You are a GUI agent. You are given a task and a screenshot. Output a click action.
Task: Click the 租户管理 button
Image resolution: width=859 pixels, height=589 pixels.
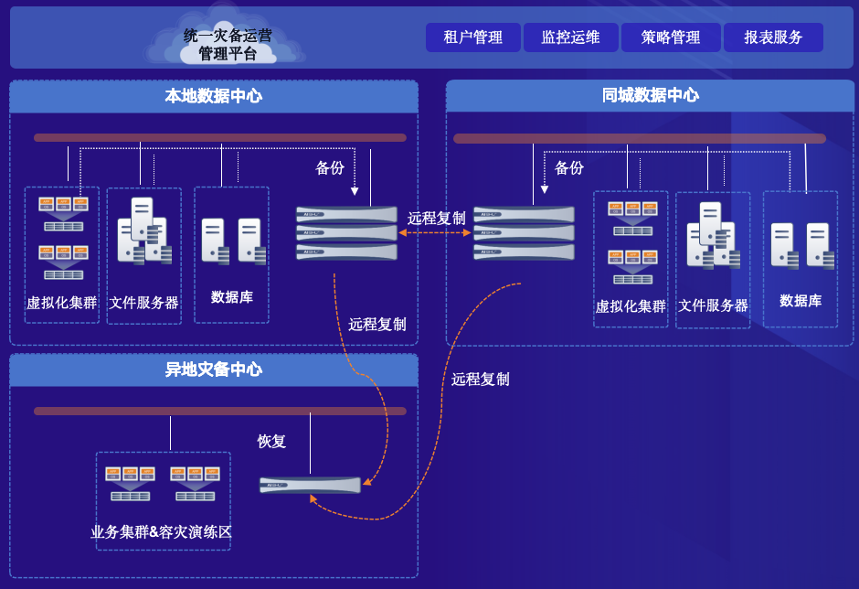coord(472,37)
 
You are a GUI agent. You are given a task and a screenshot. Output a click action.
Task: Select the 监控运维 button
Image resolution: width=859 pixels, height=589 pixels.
coord(570,37)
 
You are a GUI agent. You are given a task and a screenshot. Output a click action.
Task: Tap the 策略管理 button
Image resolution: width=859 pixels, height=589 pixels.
coord(670,37)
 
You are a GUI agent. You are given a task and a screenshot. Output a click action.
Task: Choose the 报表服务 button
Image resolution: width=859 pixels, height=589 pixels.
coord(773,37)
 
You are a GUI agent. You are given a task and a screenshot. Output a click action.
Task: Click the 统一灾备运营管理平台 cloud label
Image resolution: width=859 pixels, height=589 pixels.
coord(228,44)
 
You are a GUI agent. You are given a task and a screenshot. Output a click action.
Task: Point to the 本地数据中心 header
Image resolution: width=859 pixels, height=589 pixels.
coord(214,96)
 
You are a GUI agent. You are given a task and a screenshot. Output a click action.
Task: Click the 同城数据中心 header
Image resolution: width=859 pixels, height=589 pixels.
coord(651,95)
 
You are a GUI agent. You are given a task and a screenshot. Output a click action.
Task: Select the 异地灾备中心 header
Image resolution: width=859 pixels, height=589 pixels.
coord(214,369)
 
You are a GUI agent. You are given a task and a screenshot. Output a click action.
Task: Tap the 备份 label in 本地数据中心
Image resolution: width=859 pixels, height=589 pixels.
coord(330,168)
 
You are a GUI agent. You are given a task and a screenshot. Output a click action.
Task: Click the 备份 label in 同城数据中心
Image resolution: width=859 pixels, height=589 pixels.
coord(569,168)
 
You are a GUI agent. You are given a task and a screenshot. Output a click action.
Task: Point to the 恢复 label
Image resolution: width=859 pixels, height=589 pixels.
coord(272,441)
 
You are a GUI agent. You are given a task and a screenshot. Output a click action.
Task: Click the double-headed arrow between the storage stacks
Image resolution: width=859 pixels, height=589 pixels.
coord(435,233)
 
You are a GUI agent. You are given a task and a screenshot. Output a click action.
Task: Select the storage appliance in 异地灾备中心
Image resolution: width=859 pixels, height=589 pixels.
coord(310,485)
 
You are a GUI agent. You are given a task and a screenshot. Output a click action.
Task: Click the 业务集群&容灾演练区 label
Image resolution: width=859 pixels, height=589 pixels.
coord(162,531)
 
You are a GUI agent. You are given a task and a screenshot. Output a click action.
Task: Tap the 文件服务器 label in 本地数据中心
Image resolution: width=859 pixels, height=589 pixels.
coord(143,303)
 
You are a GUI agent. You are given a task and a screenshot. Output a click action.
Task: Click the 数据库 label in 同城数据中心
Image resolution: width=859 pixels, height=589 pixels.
coord(801,301)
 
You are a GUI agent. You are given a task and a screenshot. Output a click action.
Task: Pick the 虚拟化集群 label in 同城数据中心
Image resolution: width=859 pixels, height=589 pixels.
coord(631,306)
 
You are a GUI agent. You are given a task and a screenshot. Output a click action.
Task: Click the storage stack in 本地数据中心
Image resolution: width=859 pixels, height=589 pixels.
coord(347,233)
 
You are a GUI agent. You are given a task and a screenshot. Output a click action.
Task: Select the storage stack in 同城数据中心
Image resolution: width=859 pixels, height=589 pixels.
coord(524,233)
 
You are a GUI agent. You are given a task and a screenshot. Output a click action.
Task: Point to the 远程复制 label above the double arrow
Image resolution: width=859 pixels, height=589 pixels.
coord(436,218)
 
